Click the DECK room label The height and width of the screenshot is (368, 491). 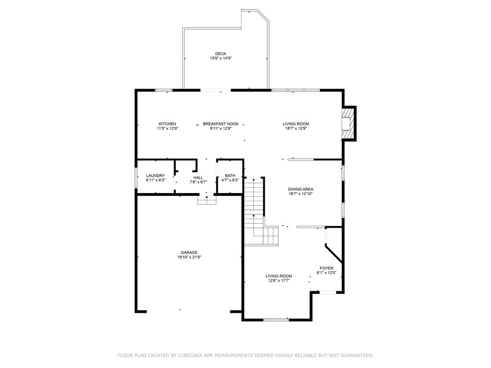pos(221,54)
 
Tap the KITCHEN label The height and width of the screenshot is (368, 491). pos(167,124)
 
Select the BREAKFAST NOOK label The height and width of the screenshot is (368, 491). pos(221,124)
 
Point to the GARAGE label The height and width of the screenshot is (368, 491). pos(189,253)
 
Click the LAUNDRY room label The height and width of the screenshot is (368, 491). pos(155,176)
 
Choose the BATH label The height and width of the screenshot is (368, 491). pos(230,176)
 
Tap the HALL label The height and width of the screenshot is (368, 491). pos(198,177)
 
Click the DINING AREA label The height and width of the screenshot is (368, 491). pos(301,189)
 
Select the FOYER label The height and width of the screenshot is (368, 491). pos(327,268)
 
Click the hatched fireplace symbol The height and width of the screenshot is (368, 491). pos(349,124)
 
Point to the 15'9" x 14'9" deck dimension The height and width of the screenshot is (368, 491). pos(221,58)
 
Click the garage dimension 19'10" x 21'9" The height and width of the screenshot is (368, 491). pos(189,257)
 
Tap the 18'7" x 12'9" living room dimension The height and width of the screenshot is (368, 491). pos(295,128)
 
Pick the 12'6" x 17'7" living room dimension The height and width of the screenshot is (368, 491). pos(279,281)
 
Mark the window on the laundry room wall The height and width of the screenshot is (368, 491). pos(136,178)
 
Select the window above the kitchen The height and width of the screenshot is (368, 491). pos(164,91)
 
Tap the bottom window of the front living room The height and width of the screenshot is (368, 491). pos(276,320)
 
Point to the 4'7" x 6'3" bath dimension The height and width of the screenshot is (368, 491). pos(230,180)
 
